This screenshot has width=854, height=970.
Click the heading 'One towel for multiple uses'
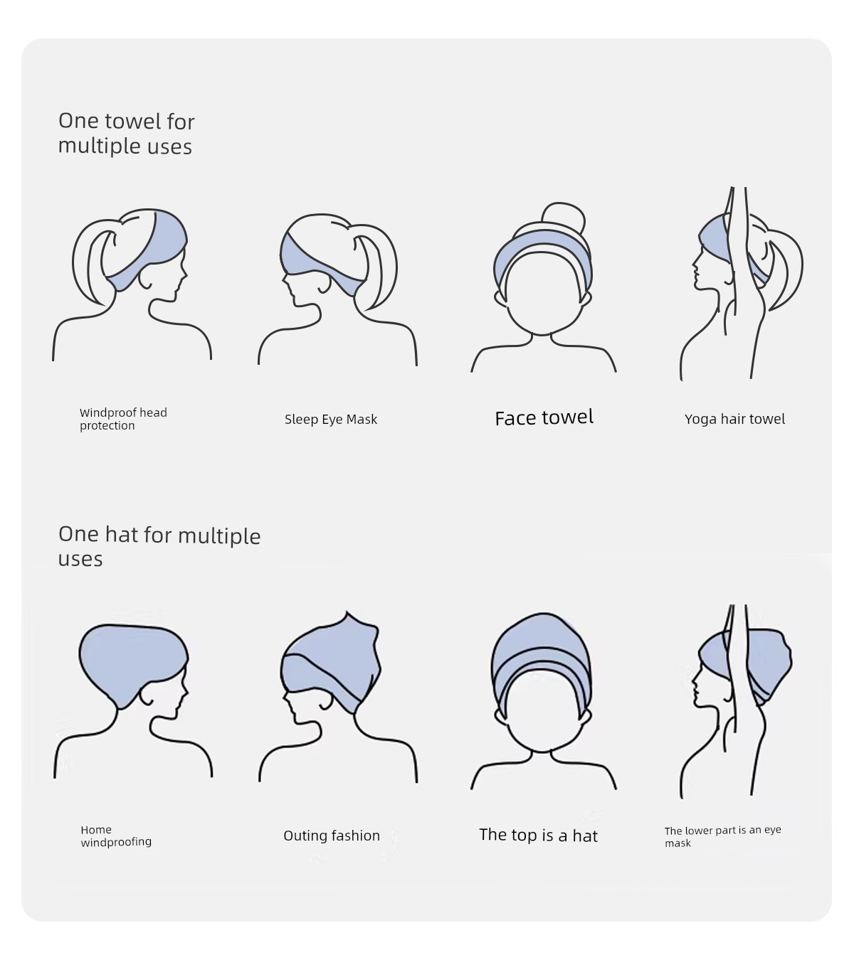(126, 134)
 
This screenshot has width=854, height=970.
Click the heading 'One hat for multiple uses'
(159, 546)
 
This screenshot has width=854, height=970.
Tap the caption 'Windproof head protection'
(123, 419)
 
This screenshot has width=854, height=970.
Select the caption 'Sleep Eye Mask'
(331, 420)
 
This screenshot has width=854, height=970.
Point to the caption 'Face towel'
(544, 417)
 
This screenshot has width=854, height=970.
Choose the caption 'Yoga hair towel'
(734, 419)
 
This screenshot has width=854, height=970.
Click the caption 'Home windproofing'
(116, 836)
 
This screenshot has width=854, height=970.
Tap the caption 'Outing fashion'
(332, 836)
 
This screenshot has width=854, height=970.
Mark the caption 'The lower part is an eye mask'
(722, 836)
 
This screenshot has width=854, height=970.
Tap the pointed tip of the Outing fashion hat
(347, 612)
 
